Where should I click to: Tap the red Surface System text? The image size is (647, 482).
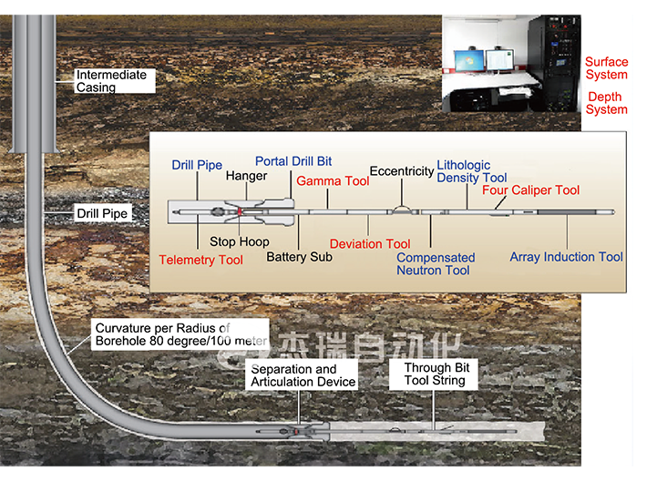tap(606, 68)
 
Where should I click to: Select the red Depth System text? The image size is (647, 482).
tap(607, 103)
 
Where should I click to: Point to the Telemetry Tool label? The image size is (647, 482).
tap(201, 260)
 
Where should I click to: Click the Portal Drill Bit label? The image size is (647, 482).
tap(293, 161)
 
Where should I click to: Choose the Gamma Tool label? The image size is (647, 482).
tap(333, 181)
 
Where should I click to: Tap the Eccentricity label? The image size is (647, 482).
tap(401, 170)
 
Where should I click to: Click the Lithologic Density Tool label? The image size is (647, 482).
tap(471, 171)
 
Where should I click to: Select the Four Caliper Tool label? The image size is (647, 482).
tap(530, 190)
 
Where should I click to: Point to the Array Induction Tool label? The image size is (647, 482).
tap(566, 257)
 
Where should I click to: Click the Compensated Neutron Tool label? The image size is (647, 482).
tap(436, 264)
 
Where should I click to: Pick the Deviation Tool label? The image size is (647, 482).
tap(370, 243)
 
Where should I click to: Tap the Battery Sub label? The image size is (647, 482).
tap(299, 257)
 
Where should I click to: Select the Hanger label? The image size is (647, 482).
tap(246, 175)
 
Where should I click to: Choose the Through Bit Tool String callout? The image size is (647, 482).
tap(435, 374)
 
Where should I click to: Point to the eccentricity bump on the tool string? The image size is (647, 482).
tap(401, 210)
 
